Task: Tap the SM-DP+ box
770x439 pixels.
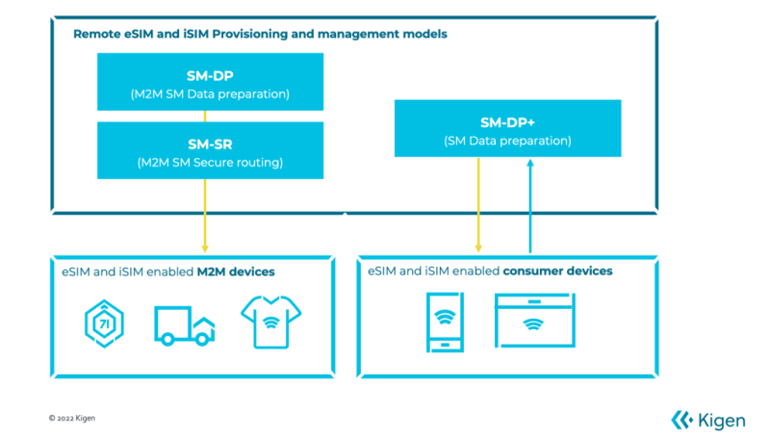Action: (x=507, y=128)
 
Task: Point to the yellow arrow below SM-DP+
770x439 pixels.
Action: (x=479, y=202)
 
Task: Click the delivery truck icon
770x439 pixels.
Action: (x=184, y=325)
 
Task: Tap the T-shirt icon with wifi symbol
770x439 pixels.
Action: (x=270, y=322)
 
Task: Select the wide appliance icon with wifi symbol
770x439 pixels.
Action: (x=534, y=322)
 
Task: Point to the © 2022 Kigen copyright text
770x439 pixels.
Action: (x=72, y=419)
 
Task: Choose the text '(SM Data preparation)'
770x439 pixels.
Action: (x=507, y=141)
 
